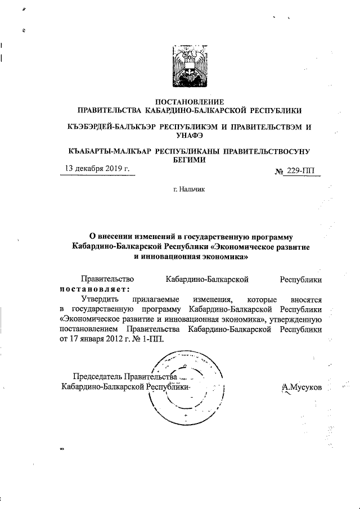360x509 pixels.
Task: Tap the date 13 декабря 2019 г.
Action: click(x=97, y=168)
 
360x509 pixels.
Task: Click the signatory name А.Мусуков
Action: click(x=302, y=388)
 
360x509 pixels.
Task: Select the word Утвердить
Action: click(x=101, y=299)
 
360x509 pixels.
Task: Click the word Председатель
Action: click(x=98, y=376)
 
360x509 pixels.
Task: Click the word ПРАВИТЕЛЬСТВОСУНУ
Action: click(x=267, y=152)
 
